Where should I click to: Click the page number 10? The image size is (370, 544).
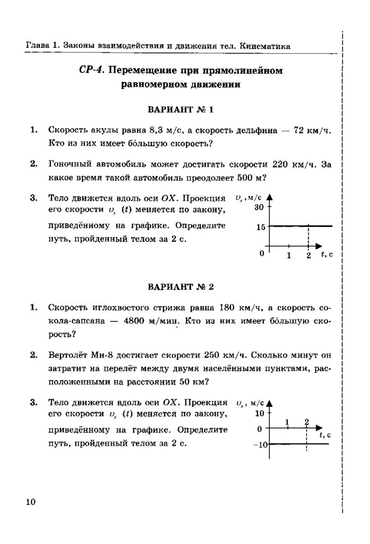coord(29,501)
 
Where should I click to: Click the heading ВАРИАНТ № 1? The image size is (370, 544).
coord(179,110)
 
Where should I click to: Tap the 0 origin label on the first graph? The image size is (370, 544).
coord(261,254)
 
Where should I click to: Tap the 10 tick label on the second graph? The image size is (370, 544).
coord(259,413)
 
